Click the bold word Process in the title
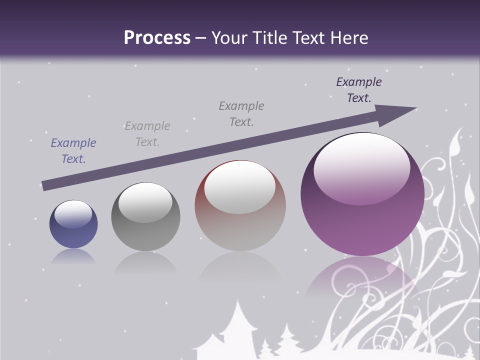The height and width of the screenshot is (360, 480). click(157, 37)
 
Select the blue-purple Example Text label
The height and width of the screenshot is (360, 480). click(73, 151)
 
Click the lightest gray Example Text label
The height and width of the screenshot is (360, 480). click(147, 134)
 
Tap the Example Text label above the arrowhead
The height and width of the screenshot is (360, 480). click(359, 90)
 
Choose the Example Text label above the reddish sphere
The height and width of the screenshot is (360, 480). click(241, 114)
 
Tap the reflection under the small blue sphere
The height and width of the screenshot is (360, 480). click(73, 257)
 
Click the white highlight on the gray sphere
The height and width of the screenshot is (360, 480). click(145, 202)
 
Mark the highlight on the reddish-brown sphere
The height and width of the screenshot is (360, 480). click(240, 187)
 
